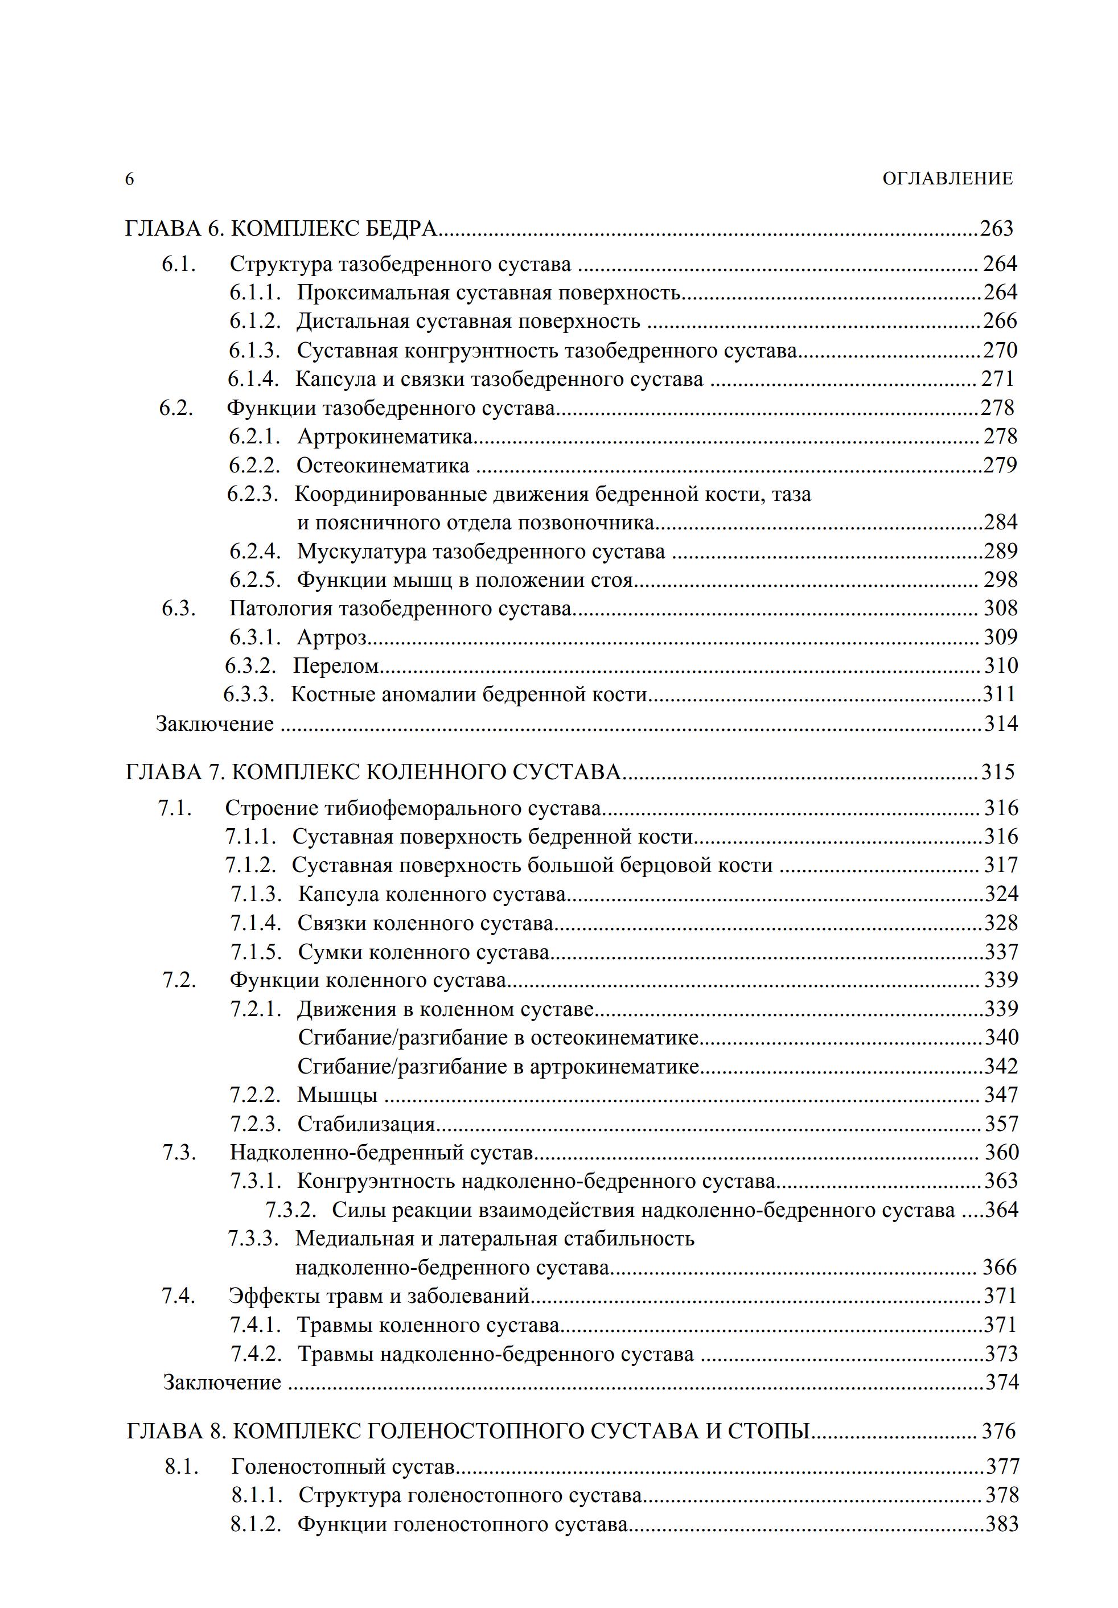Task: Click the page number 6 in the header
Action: tap(130, 179)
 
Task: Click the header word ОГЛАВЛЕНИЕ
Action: tap(947, 179)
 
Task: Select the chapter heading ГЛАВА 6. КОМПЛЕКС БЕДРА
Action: tap(281, 228)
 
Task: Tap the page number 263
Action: tap(996, 228)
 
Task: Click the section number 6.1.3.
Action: tap(255, 350)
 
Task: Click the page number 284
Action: tap(1000, 523)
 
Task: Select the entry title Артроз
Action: tap(332, 638)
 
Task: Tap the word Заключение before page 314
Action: tap(215, 723)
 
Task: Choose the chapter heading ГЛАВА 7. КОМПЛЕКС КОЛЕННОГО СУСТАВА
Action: tap(373, 772)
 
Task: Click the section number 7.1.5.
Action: tap(256, 952)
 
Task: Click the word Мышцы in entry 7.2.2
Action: tap(337, 1095)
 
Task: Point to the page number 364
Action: tap(1002, 1210)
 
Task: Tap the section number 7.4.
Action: tap(179, 1296)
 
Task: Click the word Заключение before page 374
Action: tap(222, 1383)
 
